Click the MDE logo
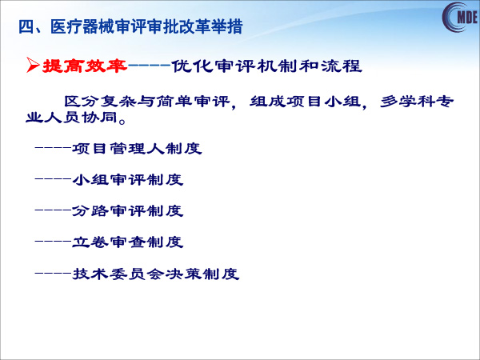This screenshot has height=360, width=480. tap(461, 17)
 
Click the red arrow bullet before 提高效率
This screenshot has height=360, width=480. tap(33, 65)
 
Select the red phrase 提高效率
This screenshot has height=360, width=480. tap(85, 66)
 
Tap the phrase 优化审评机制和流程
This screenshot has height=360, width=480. tap(266, 66)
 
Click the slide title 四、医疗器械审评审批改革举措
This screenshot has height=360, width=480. tap(130, 27)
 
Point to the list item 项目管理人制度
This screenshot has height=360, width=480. tap(137, 149)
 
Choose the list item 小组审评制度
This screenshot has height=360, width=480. tap(128, 180)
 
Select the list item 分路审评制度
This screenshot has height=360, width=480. tap(128, 211)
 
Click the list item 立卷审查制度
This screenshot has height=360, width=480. tap(128, 242)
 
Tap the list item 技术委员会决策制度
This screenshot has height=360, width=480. tap(155, 274)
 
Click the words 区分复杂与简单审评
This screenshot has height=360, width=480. tap(146, 102)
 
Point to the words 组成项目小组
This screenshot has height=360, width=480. tap(306, 102)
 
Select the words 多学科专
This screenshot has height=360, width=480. tap(417, 102)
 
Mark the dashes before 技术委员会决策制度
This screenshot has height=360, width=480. tap(53, 273)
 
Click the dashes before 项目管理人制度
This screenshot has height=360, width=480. tap(53, 148)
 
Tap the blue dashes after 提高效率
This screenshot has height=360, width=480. tap(149, 65)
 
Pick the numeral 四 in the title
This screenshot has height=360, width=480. tap(26, 27)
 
